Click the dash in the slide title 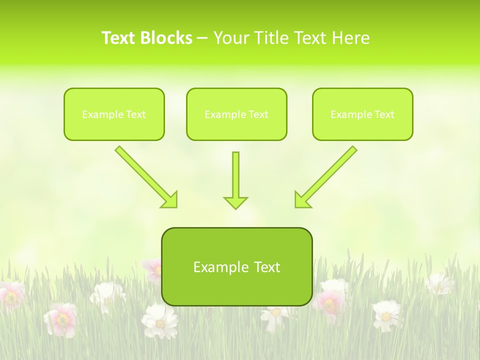coord(202,38)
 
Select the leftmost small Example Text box coord(114,114)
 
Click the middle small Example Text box coord(236,114)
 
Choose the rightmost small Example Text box coord(362,114)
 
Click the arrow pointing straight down coord(235,180)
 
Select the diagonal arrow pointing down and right coord(146,176)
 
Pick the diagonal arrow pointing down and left coord(325,176)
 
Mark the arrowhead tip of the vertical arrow coord(235,208)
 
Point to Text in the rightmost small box coord(384,114)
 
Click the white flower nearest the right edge coord(439,283)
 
